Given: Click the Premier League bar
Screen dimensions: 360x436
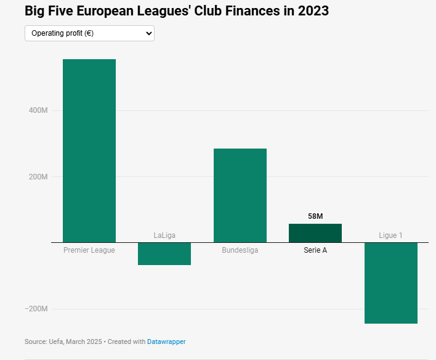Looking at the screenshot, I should [x=89, y=151].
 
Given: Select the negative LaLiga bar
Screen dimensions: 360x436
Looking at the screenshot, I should [x=164, y=253].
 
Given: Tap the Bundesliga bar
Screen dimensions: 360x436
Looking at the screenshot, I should [x=240, y=195].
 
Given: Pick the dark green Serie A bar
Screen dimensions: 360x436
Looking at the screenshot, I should [x=315, y=233].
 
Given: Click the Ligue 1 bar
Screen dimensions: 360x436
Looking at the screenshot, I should [x=390, y=283].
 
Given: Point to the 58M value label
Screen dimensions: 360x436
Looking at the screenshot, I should [x=315, y=216].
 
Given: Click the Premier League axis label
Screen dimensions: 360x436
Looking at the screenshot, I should [x=89, y=250].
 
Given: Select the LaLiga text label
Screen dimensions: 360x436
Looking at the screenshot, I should [x=164, y=235].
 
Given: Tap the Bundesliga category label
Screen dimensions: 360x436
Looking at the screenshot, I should [x=240, y=250].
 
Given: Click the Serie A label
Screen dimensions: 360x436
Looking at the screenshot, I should [x=315, y=250].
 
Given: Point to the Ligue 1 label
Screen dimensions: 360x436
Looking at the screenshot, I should [x=390, y=235].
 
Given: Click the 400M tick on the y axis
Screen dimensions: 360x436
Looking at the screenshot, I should [x=38, y=111].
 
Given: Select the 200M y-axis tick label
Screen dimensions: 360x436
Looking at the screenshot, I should [x=38, y=177].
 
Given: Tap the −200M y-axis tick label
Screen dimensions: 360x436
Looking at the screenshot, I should [x=36, y=309].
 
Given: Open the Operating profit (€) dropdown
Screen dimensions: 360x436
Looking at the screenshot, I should [x=89, y=33].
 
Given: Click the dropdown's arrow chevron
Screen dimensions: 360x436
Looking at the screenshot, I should [x=148, y=33].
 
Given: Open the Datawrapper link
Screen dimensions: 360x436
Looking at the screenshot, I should [x=166, y=342].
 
